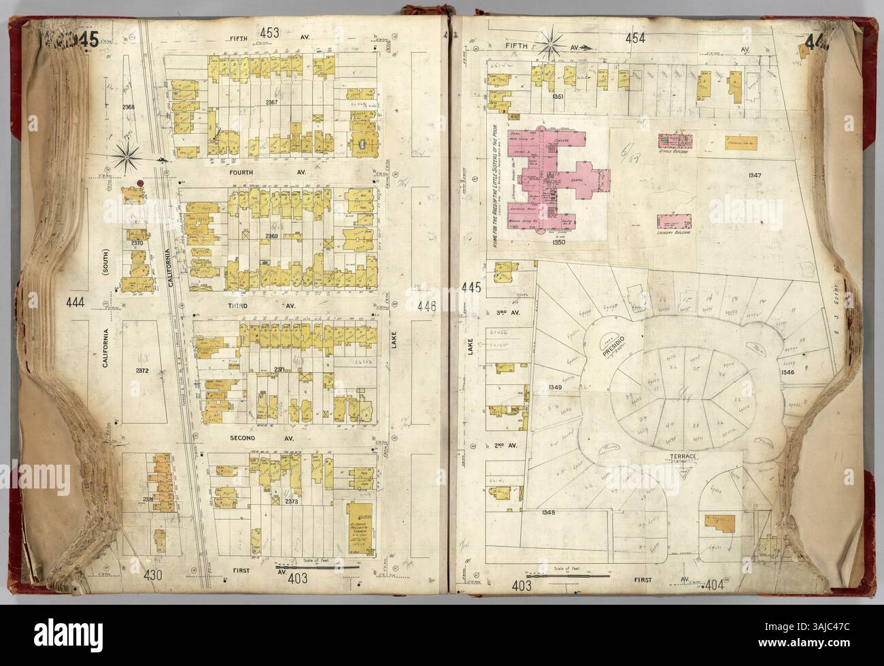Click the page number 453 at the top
tap(269, 32)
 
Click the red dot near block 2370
tap(139, 184)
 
